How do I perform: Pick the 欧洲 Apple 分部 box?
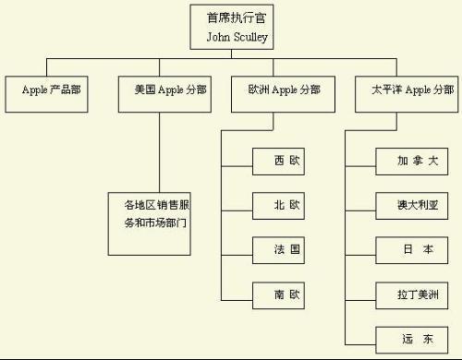tap(277, 91)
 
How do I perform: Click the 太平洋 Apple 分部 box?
tap(406, 91)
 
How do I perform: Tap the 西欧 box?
tap(277, 162)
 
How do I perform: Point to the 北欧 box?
tap(277, 206)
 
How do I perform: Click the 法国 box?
tap(277, 250)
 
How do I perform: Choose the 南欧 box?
tap(277, 295)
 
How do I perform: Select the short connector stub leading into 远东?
tap(360, 340)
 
